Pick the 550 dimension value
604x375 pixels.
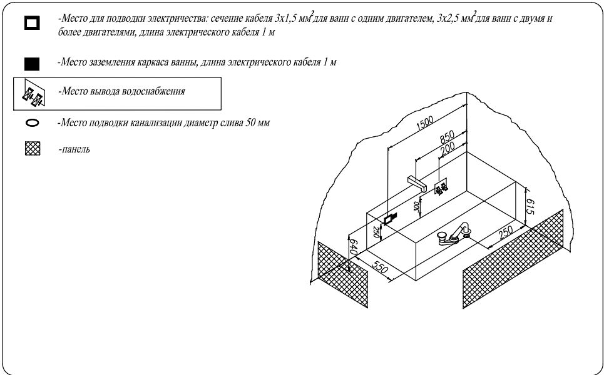pos(380,266)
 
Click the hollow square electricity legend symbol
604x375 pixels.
pos(31,23)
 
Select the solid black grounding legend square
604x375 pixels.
pos(31,64)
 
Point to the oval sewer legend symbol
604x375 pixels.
pos(31,123)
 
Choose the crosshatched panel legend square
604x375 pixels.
pos(32,148)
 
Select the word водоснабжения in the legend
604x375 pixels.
pos(153,91)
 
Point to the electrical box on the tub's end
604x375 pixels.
pos(389,219)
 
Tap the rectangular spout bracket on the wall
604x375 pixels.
pos(417,183)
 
